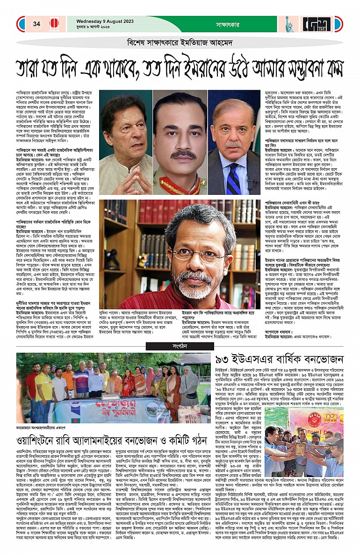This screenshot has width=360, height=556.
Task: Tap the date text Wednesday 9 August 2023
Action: pyautogui.click(x=105, y=21)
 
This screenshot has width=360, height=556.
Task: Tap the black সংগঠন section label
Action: pyautogui.click(x=180, y=346)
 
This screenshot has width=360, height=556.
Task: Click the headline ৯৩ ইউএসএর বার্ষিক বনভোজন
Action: pyautogui.click(x=280, y=361)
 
